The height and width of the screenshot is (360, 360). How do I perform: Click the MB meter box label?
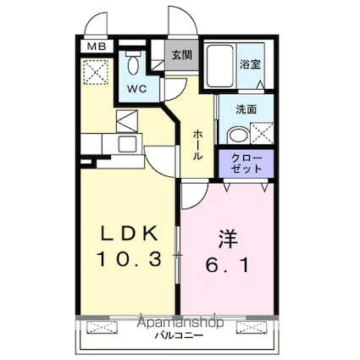point(97,46)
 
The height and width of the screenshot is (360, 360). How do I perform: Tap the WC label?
point(136,89)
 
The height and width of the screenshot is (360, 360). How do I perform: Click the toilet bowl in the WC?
point(133,64)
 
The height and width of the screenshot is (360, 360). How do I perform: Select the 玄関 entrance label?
point(182,55)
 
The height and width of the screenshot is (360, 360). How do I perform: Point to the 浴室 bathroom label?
point(250,64)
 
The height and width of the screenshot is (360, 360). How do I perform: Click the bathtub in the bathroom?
point(220,66)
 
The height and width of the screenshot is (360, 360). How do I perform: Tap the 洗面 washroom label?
point(246,109)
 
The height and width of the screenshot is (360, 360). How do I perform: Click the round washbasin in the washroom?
point(237,136)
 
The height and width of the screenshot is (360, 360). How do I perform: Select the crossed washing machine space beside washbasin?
point(262,133)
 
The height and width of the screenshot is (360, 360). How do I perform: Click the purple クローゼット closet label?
point(246,163)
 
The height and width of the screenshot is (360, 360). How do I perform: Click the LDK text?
point(129,234)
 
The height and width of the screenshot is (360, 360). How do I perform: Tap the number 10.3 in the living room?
point(129,259)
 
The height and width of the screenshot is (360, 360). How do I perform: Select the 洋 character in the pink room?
point(228,239)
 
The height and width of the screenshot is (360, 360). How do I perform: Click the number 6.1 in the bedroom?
point(228,265)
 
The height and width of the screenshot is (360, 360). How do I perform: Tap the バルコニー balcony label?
point(179,335)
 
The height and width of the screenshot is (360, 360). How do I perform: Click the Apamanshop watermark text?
point(180,323)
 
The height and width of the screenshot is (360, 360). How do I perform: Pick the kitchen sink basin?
point(127,144)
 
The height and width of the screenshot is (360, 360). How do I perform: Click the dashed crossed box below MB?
point(97,72)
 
